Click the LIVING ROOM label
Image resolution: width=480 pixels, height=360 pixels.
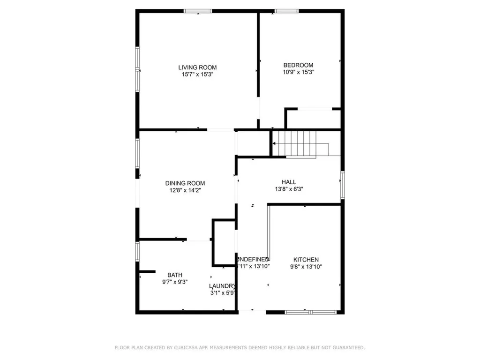tap(197, 67)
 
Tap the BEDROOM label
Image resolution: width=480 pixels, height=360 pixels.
tap(298, 65)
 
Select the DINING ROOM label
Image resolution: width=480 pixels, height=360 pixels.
tap(185, 183)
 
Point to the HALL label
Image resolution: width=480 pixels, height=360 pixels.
tap(289, 182)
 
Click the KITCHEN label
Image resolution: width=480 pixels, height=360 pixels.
tap(306, 260)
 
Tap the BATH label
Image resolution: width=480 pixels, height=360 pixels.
tap(175, 275)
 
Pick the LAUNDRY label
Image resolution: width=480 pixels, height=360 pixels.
tap(222, 286)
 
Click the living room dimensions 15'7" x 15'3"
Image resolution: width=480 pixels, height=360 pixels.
tap(197, 74)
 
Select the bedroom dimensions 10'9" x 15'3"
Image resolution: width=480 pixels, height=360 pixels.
tap(298, 72)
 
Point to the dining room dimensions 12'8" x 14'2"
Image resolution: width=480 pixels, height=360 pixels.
tap(185, 190)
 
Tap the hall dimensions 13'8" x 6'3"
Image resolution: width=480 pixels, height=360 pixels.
tap(289, 189)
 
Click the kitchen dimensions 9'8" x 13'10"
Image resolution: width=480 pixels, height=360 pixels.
tap(306, 267)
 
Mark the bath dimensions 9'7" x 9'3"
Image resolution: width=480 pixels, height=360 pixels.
tap(175, 282)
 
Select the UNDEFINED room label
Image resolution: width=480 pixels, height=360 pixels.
tap(254, 259)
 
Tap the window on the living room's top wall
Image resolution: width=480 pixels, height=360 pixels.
tap(197, 11)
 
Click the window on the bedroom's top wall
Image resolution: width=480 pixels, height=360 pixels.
tap(287, 11)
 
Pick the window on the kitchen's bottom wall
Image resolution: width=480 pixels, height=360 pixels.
tap(311, 311)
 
